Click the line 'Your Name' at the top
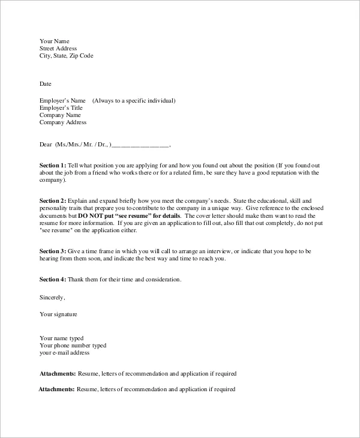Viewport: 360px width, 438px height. pos(54,41)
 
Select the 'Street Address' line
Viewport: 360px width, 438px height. pos(58,49)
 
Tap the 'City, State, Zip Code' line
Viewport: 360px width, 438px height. pos(66,56)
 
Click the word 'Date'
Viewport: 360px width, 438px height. pos(46,83)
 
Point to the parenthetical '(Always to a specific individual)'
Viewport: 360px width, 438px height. pos(134,101)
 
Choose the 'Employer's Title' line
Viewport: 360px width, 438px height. pos(61,108)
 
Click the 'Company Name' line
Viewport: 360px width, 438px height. pos(60,115)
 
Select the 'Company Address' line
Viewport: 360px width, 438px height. pos(63,122)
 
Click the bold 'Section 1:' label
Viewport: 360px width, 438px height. pos(53,165)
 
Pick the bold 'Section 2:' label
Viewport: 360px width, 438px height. pos(53,200)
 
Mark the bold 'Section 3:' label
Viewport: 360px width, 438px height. pos(53,251)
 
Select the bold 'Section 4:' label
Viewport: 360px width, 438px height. pos(53,280)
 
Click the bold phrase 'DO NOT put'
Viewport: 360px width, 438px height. pos(95,215)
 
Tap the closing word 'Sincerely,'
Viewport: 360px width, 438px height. pos(52,297)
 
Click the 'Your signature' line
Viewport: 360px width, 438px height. pos(58,314)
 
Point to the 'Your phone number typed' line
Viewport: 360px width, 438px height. pos(73,346)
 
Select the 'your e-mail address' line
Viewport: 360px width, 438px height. pos(64,353)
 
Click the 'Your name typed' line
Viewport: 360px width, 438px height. pos(61,338)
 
